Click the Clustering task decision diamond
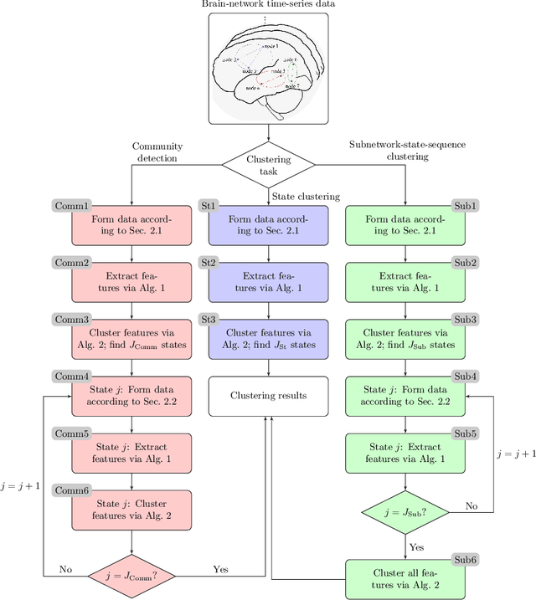[268, 165]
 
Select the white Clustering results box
[268, 397]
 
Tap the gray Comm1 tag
[72, 206]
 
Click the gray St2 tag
[208, 263]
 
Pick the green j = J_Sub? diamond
[405, 512]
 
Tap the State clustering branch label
[306, 197]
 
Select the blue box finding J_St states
[268, 339]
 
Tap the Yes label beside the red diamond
[220, 568]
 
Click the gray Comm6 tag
[72, 490]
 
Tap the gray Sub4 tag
[465, 377]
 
